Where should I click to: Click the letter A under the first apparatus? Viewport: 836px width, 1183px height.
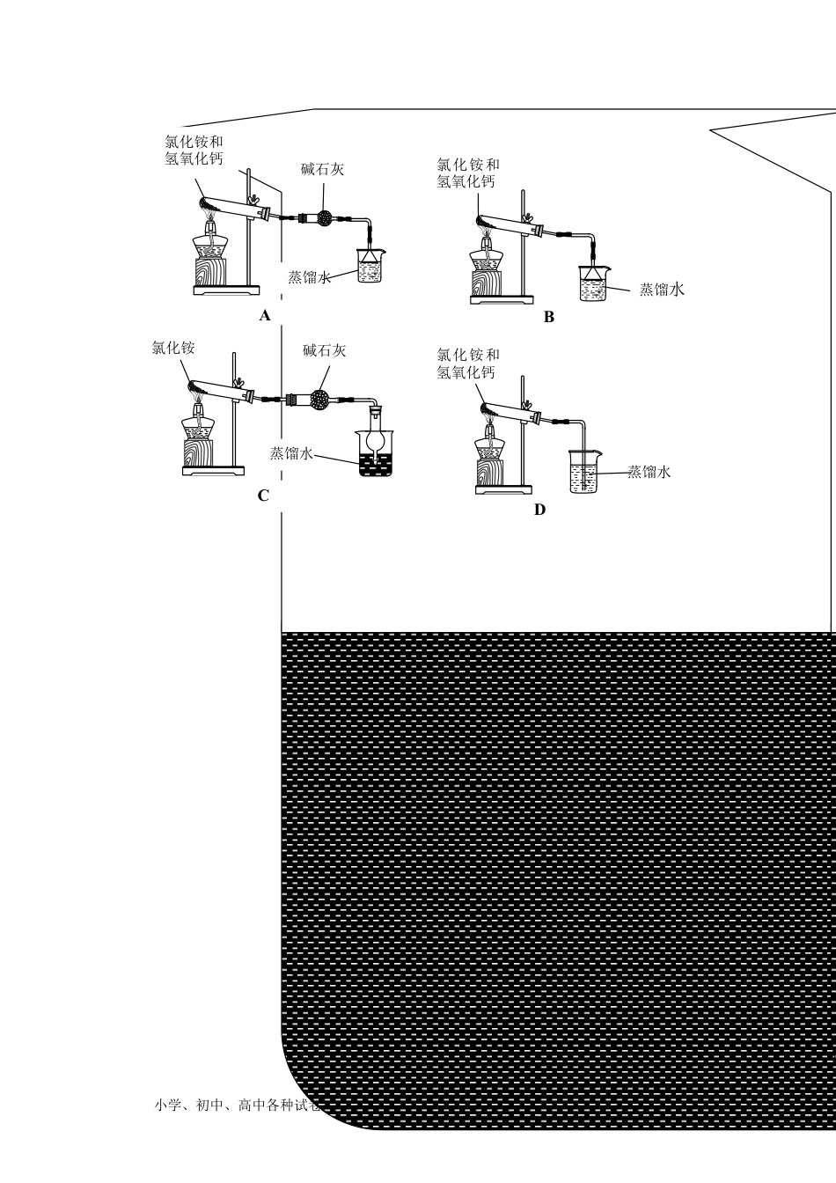point(265,315)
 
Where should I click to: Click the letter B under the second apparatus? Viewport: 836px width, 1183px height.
point(549,317)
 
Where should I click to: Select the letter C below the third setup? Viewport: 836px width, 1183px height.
point(263,496)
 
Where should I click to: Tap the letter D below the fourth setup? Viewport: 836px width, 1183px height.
point(539,510)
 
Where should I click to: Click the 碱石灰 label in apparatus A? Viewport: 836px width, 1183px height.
point(322,169)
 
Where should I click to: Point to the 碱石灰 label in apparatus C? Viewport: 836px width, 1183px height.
point(324,350)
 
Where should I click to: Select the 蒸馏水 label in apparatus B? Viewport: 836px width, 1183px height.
point(661,290)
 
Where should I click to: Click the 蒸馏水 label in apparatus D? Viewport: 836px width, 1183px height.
point(649,472)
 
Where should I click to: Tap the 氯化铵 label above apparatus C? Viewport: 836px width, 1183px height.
point(173,348)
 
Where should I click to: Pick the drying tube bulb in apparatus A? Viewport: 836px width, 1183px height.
point(324,217)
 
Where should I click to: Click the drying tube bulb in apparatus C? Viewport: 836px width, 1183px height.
point(319,400)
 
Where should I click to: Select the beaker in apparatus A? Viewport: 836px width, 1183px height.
point(370,266)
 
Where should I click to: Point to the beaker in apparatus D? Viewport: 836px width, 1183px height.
point(583,472)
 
